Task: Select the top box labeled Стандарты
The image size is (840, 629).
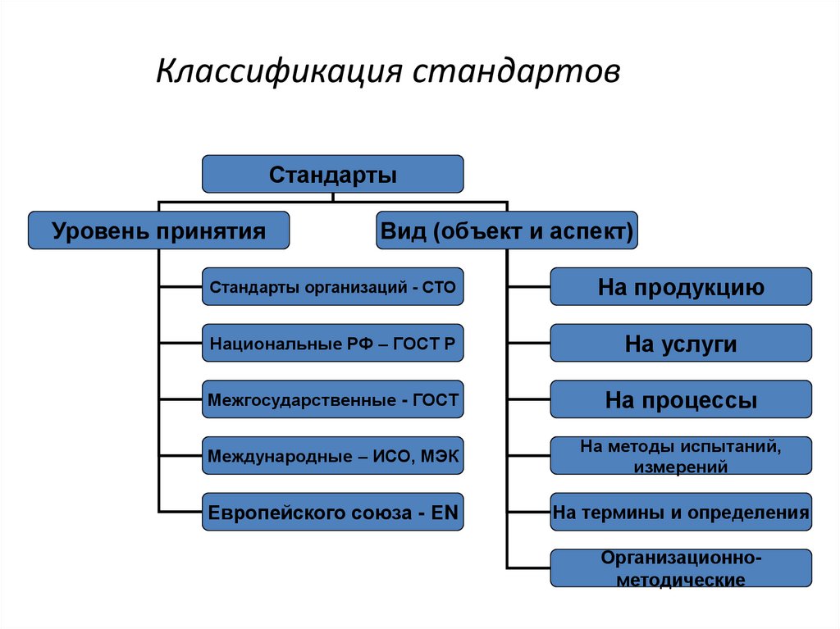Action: tap(333, 175)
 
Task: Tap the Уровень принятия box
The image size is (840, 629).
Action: tap(159, 230)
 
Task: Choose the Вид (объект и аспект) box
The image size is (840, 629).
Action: tap(507, 230)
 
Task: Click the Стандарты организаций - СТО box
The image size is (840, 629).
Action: tap(333, 287)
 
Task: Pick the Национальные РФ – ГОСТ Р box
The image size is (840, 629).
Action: tap(333, 344)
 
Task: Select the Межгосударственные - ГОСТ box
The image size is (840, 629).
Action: tap(333, 399)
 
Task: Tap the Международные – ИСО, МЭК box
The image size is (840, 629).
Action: tap(333, 455)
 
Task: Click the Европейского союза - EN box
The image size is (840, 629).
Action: tap(333, 512)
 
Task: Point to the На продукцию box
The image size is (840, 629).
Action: tap(681, 287)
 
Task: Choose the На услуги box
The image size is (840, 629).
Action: tap(681, 344)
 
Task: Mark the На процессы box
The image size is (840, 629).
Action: tap(681, 399)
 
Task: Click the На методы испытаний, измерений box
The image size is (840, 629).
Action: tap(681, 456)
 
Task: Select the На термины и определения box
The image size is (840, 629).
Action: tap(681, 513)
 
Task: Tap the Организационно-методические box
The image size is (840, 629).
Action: tap(681, 568)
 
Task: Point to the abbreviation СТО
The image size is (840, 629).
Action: tap(441, 287)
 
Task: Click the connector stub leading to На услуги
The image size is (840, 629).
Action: tap(529, 344)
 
